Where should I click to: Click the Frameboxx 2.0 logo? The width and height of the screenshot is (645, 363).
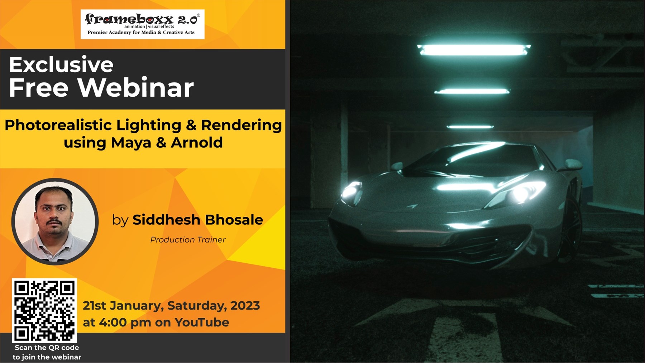[x=143, y=24]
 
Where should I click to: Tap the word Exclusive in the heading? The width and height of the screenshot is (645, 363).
[x=61, y=65]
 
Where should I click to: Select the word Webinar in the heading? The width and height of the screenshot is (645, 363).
[x=135, y=87]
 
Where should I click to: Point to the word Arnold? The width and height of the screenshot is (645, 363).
[x=197, y=143]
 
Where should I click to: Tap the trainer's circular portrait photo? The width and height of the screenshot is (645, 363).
[x=55, y=221]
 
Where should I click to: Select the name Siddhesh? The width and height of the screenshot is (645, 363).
[x=166, y=220]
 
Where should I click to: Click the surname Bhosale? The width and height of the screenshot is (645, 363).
[x=234, y=220]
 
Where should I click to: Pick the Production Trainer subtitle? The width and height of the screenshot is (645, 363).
[x=188, y=240]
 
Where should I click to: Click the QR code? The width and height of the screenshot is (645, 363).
[x=44, y=310]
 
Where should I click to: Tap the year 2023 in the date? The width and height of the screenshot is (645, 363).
[x=245, y=306]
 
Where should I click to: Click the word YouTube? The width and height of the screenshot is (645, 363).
[x=202, y=323]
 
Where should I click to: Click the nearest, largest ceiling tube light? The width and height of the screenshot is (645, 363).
[x=474, y=50]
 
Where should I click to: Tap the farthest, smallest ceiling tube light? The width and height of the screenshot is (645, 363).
[x=470, y=126]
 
